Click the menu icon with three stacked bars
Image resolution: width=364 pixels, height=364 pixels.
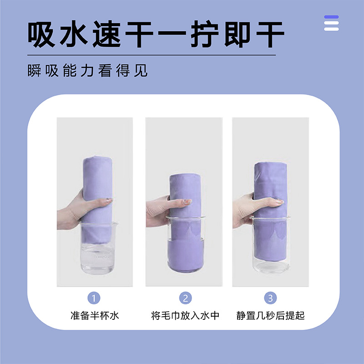[x=331, y=23]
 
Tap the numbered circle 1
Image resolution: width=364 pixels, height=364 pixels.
[x=94, y=298]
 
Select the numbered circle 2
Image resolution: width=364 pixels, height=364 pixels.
[x=185, y=298]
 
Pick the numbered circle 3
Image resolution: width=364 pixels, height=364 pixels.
[x=270, y=298]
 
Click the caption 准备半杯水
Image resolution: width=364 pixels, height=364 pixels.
[x=95, y=315]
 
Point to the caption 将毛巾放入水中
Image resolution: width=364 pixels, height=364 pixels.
[x=185, y=315]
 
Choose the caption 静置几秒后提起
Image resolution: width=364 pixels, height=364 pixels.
[x=270, y=315]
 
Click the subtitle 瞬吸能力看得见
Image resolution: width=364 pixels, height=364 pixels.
[x=87, y=71]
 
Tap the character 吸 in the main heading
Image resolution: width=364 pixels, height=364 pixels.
[x=41, y=34]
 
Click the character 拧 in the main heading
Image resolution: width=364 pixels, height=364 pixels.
[x=205, y=34]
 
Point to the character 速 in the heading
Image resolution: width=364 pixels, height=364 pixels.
[x=106, y=34]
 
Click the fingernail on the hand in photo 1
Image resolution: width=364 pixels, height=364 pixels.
[x=109, y=199]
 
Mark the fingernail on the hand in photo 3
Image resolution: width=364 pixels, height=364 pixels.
[x=280, y=201]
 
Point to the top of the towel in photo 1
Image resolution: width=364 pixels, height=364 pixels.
[x=98, y=159]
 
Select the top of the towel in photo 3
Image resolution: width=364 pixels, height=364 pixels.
[x=270, y=164]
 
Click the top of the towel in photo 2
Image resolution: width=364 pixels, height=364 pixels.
[x=185, y=176]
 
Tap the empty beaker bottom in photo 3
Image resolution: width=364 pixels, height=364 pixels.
[x=271, y=267]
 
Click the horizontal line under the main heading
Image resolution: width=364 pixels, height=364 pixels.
[x=152, y=55]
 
